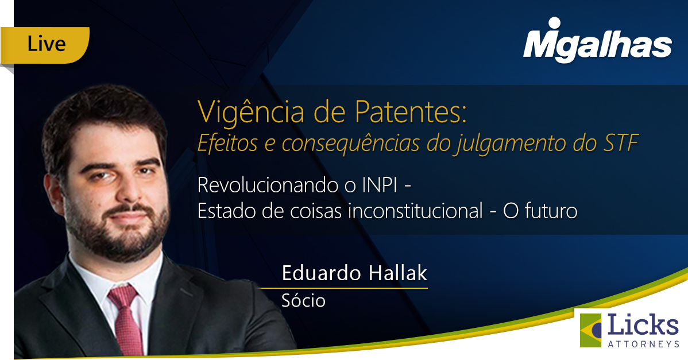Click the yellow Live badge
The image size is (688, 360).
45,45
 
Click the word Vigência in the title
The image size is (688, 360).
250,113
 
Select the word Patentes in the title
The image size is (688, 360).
411,112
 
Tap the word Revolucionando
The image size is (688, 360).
268,185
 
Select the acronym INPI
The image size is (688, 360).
380,185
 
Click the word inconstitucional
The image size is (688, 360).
415,211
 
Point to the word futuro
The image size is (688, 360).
551,211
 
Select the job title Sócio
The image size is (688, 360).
303,301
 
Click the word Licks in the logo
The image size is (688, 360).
643,326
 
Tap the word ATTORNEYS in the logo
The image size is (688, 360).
643,344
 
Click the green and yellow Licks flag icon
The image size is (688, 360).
591,330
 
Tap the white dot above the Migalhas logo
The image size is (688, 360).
555,23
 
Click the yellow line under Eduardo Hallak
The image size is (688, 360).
344,288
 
